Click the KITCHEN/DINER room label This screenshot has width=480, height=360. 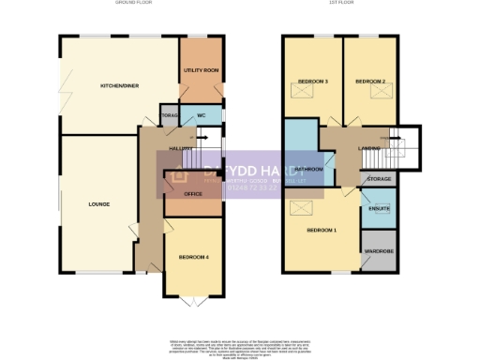tap(119, 86)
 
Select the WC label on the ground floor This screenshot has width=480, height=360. tap(201, 115)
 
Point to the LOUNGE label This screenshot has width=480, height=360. tap(99, 203)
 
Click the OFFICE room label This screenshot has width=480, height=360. tap(193, 194)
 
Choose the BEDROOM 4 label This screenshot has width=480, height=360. tap(193, 257)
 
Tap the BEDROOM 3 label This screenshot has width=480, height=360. tap(312, 82)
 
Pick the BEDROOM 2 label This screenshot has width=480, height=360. tap(370, 82)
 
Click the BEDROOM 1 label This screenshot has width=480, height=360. tap(322, 231)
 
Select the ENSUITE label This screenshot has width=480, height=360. tap(379, 209)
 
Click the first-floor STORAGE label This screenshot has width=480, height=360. tap(379, 178)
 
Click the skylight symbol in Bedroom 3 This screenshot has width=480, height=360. tap(302, 98)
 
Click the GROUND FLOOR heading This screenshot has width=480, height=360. tap(141, 5)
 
